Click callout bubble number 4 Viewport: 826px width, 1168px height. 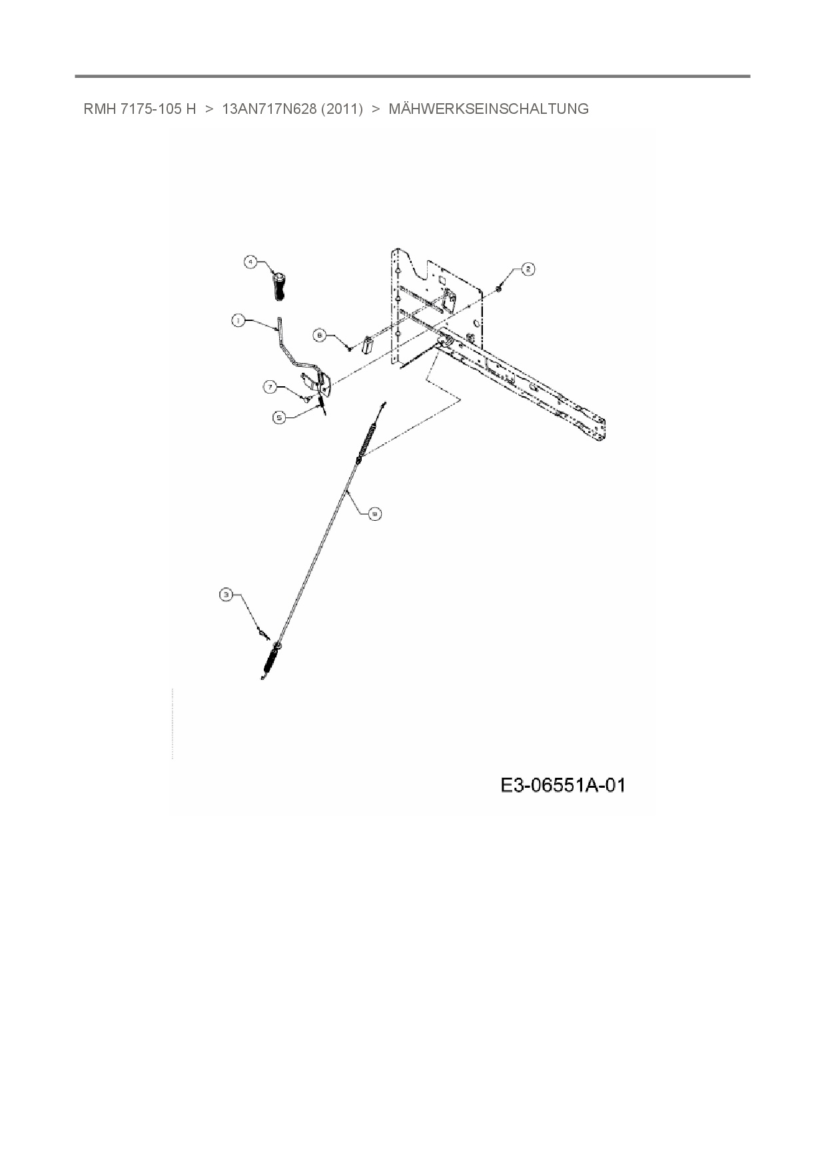tap(250, 262)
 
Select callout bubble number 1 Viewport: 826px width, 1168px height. tap(238, 321)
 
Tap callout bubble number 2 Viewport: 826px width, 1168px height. tap(527, 269)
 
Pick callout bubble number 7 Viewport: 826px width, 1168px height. tap(270, 387)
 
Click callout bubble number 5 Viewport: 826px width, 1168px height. tap(280, 418)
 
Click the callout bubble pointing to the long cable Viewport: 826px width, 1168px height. tap(376, 513)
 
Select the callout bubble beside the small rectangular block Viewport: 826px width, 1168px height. tap(320, 336)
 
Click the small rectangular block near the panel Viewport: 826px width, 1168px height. tap(366, 345)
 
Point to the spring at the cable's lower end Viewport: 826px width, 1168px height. tap(271, 660)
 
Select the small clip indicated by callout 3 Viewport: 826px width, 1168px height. tap(262, 633)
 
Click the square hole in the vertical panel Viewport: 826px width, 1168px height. tap(440, 280)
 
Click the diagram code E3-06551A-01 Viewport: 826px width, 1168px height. tap(563, 786)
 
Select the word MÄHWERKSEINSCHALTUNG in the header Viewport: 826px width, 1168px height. tap(488, 109)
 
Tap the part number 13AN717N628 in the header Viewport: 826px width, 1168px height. tap(270, 109)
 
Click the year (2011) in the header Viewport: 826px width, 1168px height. tap(342, 109)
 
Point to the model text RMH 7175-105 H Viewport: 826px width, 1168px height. tap(139, 109)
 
